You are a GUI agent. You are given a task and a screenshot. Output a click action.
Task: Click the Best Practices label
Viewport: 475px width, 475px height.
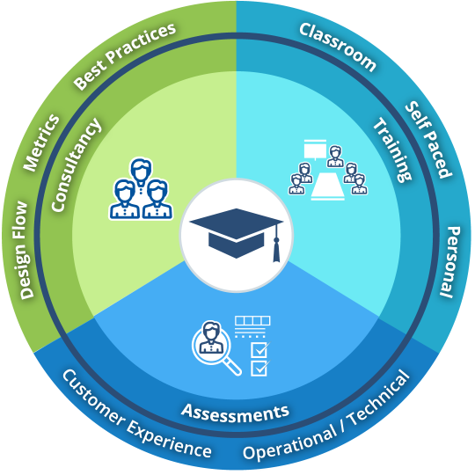[124, 55]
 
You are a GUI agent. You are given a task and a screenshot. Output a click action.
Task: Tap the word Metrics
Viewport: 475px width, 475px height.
[41, 142]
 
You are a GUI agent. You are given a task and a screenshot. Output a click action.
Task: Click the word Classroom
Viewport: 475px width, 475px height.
[338, 47]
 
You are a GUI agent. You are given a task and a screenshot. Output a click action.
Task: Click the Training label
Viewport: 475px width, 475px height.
[391, 150]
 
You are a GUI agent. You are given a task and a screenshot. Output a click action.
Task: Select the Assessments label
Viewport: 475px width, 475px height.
[235, 412]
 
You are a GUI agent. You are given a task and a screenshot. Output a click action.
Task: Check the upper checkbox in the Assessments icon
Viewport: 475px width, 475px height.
[259, 350]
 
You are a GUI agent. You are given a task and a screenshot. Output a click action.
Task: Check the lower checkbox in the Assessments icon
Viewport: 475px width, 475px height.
[259, 368]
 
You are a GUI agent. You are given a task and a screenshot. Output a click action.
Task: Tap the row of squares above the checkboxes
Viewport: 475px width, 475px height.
[252, 321]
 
